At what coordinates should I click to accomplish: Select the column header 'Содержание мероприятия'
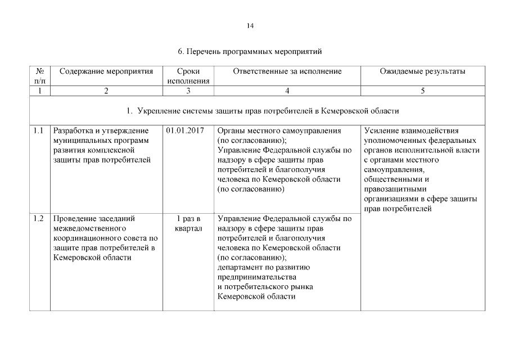[x=106, y=71]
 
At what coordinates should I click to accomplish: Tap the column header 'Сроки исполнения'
[x=188, y=76]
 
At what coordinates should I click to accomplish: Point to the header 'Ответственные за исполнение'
[x=287, y=71]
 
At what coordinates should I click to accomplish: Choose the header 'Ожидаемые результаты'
[x=422, y=71]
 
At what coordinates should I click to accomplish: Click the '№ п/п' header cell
[x=40, y=76]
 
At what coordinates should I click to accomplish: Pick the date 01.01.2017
[x=185, y=131]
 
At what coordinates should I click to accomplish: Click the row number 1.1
[x=38, y=131]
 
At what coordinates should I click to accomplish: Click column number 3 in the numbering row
[x=188, y=91]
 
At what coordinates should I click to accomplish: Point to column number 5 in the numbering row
[x=422, y=91]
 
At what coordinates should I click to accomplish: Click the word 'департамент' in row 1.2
[x=238, y=267]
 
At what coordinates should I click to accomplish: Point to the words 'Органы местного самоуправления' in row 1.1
[x=279, y=131]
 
